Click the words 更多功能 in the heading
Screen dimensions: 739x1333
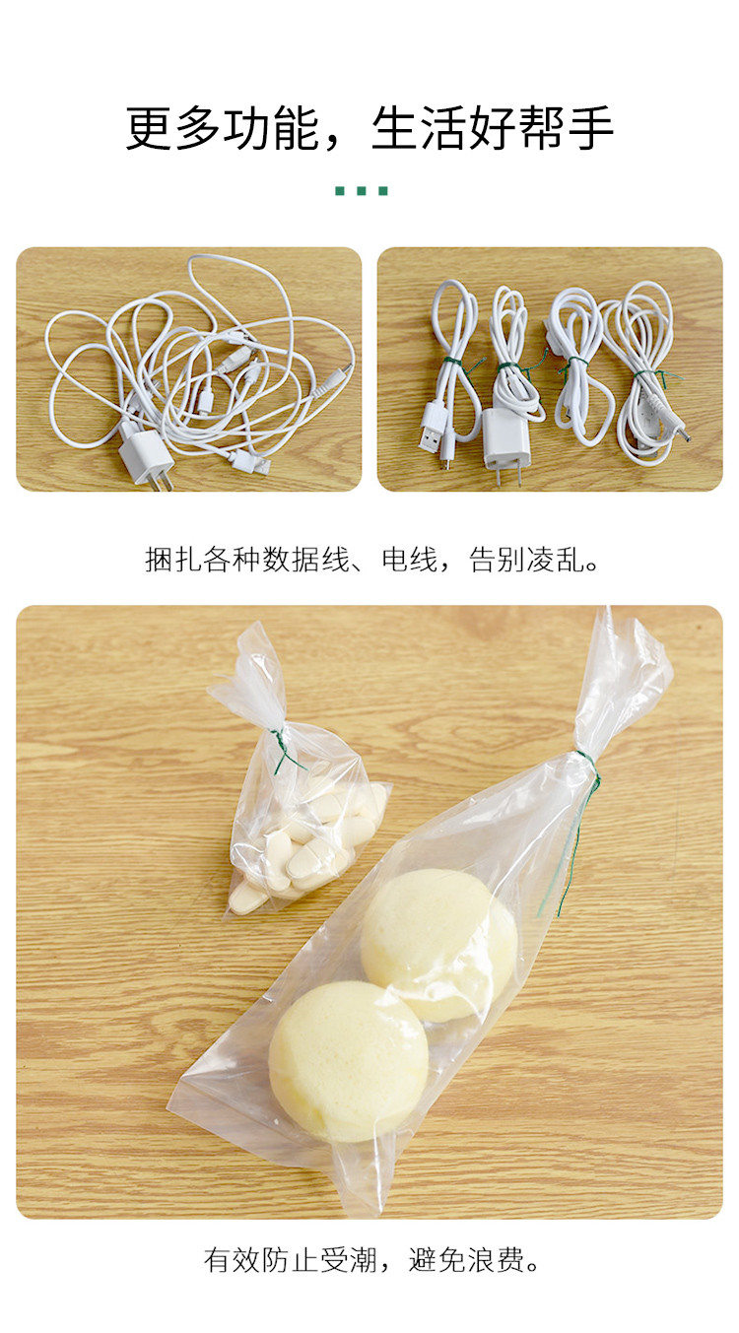click(x=223, y=128)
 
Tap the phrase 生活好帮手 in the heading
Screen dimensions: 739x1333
click(x=493, y=128)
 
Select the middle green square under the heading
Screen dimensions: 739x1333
click(x=362, y=191)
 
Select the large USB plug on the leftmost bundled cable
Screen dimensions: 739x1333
click(x=434, y=426)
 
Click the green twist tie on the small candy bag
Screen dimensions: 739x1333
click(x=285, y=751)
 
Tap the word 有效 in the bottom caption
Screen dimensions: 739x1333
click(x=233, y=1259)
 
